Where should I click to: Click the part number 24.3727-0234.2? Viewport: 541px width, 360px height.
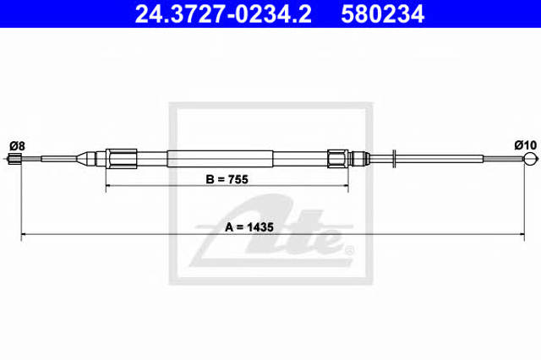pyautogui.click(x=223, y=14)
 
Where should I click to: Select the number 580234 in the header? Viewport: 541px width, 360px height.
pyautogui.click(x=382, y=14)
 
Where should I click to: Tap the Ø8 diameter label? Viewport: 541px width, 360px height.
pyautogui.click(x=17, y=146)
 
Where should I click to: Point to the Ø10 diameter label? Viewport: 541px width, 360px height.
pyautogui.click(x=526, y=145)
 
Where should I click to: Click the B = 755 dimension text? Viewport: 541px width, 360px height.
pyautogui.click(x=227, y=179)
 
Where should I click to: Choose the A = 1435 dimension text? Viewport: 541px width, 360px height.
pyautogui.click(x=249, y=227)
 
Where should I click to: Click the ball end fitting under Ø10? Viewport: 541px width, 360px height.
pyautogui.click(x=530, y=159)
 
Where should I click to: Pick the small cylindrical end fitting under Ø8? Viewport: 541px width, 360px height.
pyautogui.click(x=15, y=159)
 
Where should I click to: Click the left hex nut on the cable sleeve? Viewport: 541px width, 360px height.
pyautogui.click(x=121, y=159)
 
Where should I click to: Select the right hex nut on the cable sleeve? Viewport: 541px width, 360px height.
pyautogui.click(x=338, y=159)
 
